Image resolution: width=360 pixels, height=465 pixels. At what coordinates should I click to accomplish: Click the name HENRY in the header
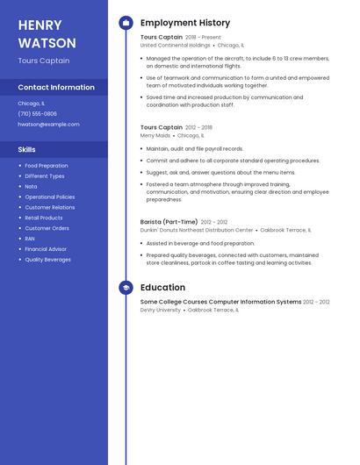[x=40, y=25]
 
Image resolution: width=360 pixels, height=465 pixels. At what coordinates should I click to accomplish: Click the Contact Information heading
[x=56, y=88]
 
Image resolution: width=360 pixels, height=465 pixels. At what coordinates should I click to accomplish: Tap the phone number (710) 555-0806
[x=38, y=113]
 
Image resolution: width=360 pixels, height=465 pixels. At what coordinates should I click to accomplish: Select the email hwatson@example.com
[x=48, y=124]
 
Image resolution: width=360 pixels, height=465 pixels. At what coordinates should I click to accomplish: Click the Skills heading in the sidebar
[x=27, y=149]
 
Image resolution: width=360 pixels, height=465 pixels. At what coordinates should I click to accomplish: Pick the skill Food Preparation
[x=47, y=166]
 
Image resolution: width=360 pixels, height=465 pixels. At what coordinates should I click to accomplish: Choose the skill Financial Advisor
[x=46, y=249]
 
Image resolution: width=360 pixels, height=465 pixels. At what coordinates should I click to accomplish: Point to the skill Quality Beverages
[x=48, y=260]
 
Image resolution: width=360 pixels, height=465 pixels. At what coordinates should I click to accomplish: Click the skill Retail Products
[x=44, y=218]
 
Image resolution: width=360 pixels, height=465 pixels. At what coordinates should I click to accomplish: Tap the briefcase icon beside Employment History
[x=126, y=23]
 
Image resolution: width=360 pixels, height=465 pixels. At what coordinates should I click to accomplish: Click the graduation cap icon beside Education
[x=126, y=288]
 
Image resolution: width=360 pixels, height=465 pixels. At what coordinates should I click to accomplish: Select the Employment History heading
[x=185, y=23]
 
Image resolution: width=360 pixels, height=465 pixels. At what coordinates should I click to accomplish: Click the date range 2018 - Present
[x=205, y=38]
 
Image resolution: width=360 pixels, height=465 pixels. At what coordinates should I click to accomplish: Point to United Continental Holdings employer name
[x=176, y=45]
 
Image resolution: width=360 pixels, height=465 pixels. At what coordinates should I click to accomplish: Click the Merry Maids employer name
[x=155, y=136]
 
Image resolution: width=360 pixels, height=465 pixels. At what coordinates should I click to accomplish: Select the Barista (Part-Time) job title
[x=169, y=222]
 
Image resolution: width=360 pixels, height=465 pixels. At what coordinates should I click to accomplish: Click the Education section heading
[x=162, y=288]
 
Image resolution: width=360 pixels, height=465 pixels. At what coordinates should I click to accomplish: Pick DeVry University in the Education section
[x=161, y=310]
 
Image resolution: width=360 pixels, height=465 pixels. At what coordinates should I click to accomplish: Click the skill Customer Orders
[x=47, y=228]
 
